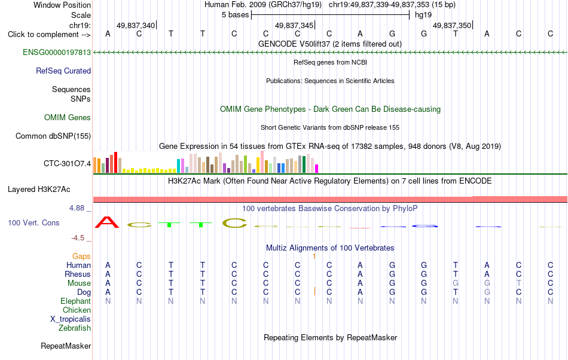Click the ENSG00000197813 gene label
pos(57,53)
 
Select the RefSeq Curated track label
pos(63,71)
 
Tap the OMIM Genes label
pos(68,118)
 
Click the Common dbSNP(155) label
pos(53,136)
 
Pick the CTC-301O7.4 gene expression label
pos(68,164)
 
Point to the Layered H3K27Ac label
pos(39,190)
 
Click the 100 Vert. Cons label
pos(33,222)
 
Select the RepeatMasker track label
pos(66,346)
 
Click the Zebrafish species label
pos(75,328)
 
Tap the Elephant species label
pos(76,301)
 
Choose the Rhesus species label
pos(78,274)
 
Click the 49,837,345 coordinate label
pos(294,25)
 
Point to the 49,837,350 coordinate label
pos(452,25)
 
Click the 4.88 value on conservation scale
pos(77,208)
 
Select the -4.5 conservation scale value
pos(78,238)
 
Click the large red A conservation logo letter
pos(107,222)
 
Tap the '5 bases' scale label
pos(236,15)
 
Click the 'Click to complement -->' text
pos(49,35)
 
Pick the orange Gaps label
pos(81,257)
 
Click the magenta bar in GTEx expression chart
pos(317,169)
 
